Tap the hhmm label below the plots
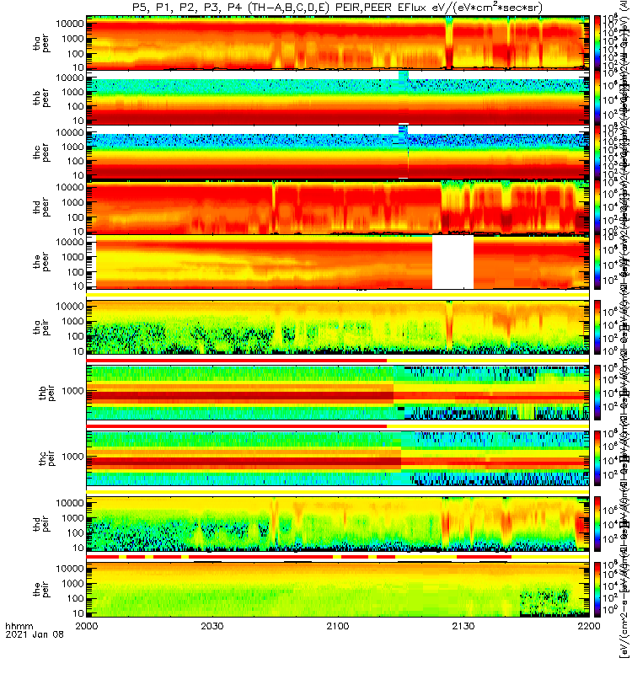tap(18, 650)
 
